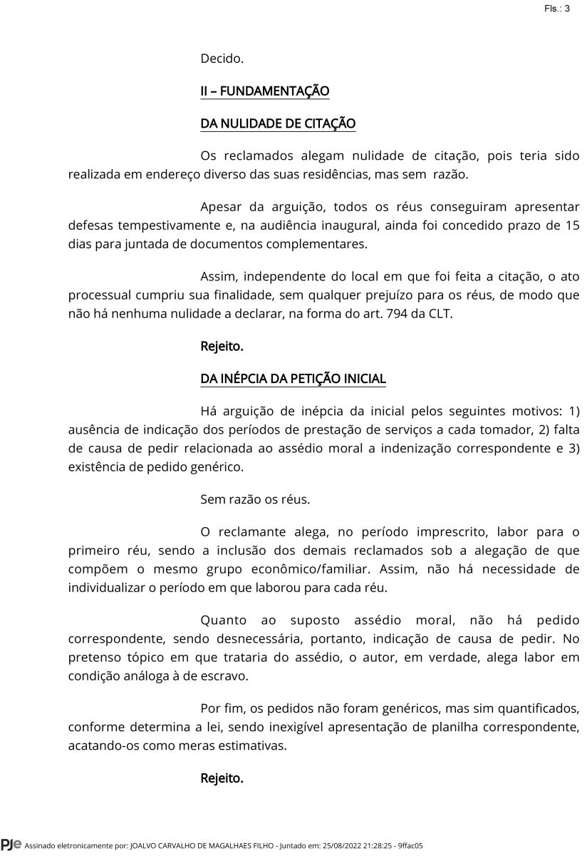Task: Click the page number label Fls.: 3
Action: pyautogui.click(x=556, y=9)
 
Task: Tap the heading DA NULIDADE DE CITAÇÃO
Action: pyautogui.click(x=278, y=123)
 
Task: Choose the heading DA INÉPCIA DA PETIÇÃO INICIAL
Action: pyautogui.click(x=293, y=378)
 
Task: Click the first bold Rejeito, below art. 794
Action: pyautogui.click(x=222, y=347)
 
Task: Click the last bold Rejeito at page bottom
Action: pyautogui.click(x=222, y=778)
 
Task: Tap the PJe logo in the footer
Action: pyautogui.click(x=11, y=845)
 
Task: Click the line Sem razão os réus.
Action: pyautogui.click(x=255, y=499)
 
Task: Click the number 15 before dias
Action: pyautogui.click(x=572, y=225)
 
